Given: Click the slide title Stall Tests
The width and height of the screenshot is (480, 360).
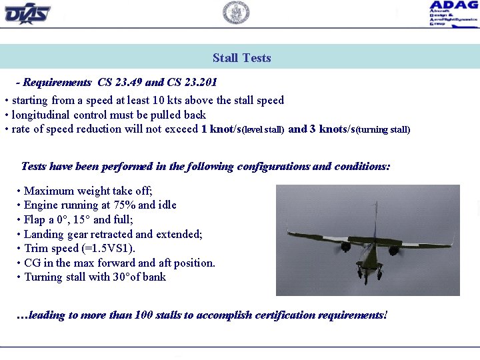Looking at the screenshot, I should pyautogui.click(x=241, y=58).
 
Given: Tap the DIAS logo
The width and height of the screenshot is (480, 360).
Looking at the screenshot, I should pyautogui.click(x=27, y=13).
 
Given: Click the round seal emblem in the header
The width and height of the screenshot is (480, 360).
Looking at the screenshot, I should pyautogui.click(x=236, y=13).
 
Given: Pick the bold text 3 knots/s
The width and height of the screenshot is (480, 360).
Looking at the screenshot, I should pyautogui.click(x=332, y=129).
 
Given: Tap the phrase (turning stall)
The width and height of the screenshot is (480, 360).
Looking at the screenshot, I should pyautogui.click(x=383, y=130).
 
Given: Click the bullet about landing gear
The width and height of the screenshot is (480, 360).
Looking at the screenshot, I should pyautogui.click(x=113, y=234).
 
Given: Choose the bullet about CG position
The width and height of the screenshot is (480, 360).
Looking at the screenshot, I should pyautogui.click(x=119, y=263).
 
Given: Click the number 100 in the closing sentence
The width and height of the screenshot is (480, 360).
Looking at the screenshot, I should pyautogui.click(x=144, y=315).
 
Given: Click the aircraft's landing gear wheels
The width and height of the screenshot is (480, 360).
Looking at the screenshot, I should pyautogui.click(x=369, y=272).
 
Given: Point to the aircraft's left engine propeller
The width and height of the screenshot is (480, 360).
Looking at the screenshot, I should pyautogui.click(x=345, y=247).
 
